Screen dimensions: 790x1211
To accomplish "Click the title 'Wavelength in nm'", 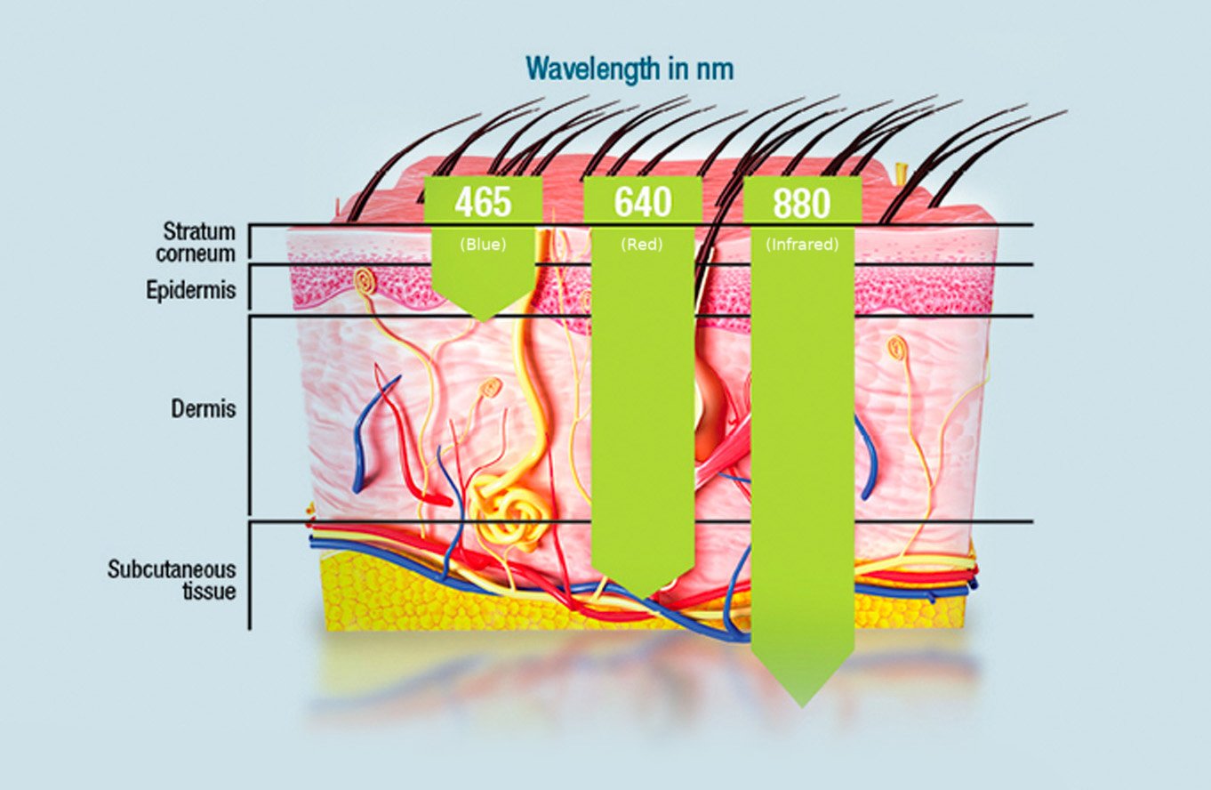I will click(x=629, y=69).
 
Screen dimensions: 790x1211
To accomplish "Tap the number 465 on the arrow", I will click(x=483, y=203).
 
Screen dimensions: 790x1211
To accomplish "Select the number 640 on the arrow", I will click(x=642, y=203).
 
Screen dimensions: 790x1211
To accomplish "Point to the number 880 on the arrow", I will click(x=801, y=204).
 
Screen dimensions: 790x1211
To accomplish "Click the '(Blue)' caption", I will click(x=483, y=245).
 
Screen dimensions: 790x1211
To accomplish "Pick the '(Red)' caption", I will click(x=642, y=245).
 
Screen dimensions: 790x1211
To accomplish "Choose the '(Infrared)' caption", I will click(x=801, y=245).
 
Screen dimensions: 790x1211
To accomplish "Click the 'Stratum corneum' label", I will click(x=198, y=242).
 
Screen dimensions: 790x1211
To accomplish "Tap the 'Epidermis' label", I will click(x=191, y=290).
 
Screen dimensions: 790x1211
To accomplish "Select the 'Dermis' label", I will click(x=204, y=409).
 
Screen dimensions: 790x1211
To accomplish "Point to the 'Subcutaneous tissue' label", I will click(x=172, y=579).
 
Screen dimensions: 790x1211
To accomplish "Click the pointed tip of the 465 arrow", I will click(x=483, y=319).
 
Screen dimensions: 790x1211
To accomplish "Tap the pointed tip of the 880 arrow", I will click(x=802, y=705).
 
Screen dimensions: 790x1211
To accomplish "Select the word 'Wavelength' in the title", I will click(x=590, y=69).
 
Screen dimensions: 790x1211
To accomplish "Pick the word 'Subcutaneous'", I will click(x=172, y=568).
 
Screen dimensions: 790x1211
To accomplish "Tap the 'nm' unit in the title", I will click(x=716, y=69).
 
